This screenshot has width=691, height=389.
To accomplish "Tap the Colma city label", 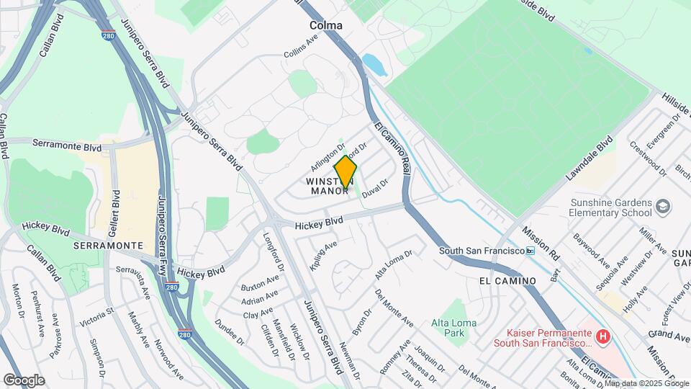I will (x=325, y=25).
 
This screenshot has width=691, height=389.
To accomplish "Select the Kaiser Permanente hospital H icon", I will (x=603, y=336).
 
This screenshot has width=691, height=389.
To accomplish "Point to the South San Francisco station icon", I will (x=530, y=251).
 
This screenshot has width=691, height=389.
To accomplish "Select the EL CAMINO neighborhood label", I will (x=507, y=280).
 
